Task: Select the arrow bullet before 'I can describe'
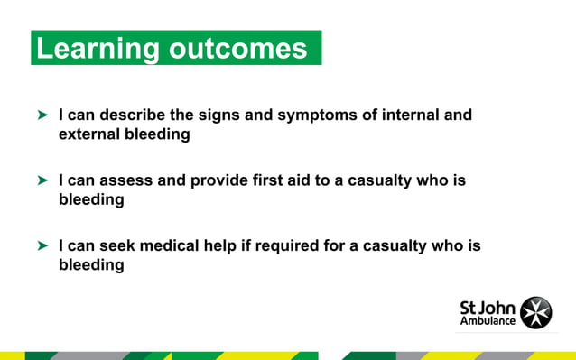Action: pos(42,116)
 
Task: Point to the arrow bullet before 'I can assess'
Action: pos(42,181)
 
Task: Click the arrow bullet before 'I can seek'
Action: pos(42,245)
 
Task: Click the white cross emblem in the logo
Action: pos(539,310)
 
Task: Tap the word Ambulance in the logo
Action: pos(488,320)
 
